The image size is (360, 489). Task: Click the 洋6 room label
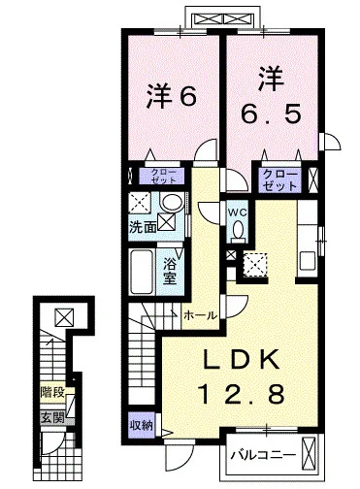[172, 96]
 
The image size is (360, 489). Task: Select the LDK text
[241, 359]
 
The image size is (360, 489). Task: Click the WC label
[239, 212]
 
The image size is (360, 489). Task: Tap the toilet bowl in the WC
[239, 230]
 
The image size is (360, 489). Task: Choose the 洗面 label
[143, 227]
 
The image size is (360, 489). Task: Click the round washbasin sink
[173, 203]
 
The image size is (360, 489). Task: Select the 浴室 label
[170, 272]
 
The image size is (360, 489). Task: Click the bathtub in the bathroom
[142, 272]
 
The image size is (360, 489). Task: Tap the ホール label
[200, 315]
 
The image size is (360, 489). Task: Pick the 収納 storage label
[142, 425]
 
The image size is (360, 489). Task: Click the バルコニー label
[263, 455]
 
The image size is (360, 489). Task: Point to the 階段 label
[52, 393]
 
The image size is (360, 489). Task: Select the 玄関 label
[52, 419]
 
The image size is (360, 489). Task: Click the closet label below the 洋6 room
[163, 176]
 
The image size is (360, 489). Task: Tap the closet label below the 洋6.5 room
[279, 179]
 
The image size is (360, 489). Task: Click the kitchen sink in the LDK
[308, 261]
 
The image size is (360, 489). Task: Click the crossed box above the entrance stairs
[64, 317]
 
